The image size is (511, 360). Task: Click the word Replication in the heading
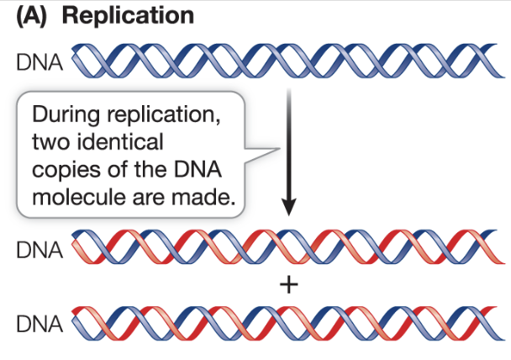click(x=134, y=16)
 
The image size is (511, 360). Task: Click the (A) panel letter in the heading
click(x=35, y=16)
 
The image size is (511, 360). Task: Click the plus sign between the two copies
click(x=288, y=286)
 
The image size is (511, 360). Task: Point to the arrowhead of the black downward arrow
click(x=288, y=207)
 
